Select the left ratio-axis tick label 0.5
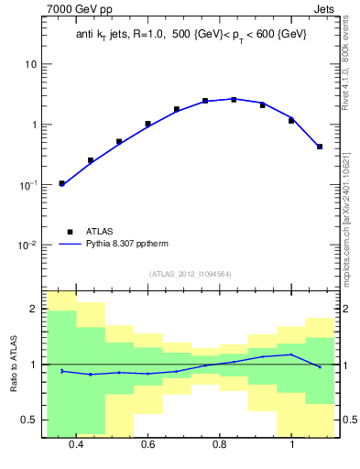pos(30,420)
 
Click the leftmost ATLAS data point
pos(61,183)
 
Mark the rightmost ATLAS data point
pos(320,147)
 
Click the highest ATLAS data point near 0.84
pos(234,99)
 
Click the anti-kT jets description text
pos(191,34)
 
